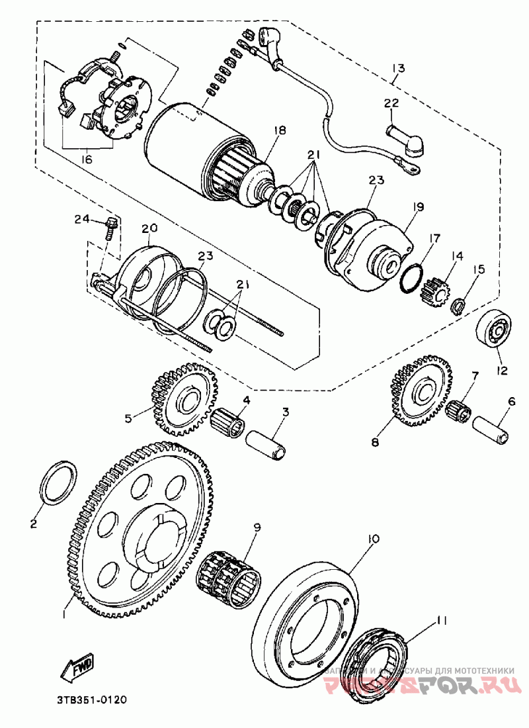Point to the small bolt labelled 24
[111, 226]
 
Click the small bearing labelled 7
[458, 410]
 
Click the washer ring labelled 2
[59, 484]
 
